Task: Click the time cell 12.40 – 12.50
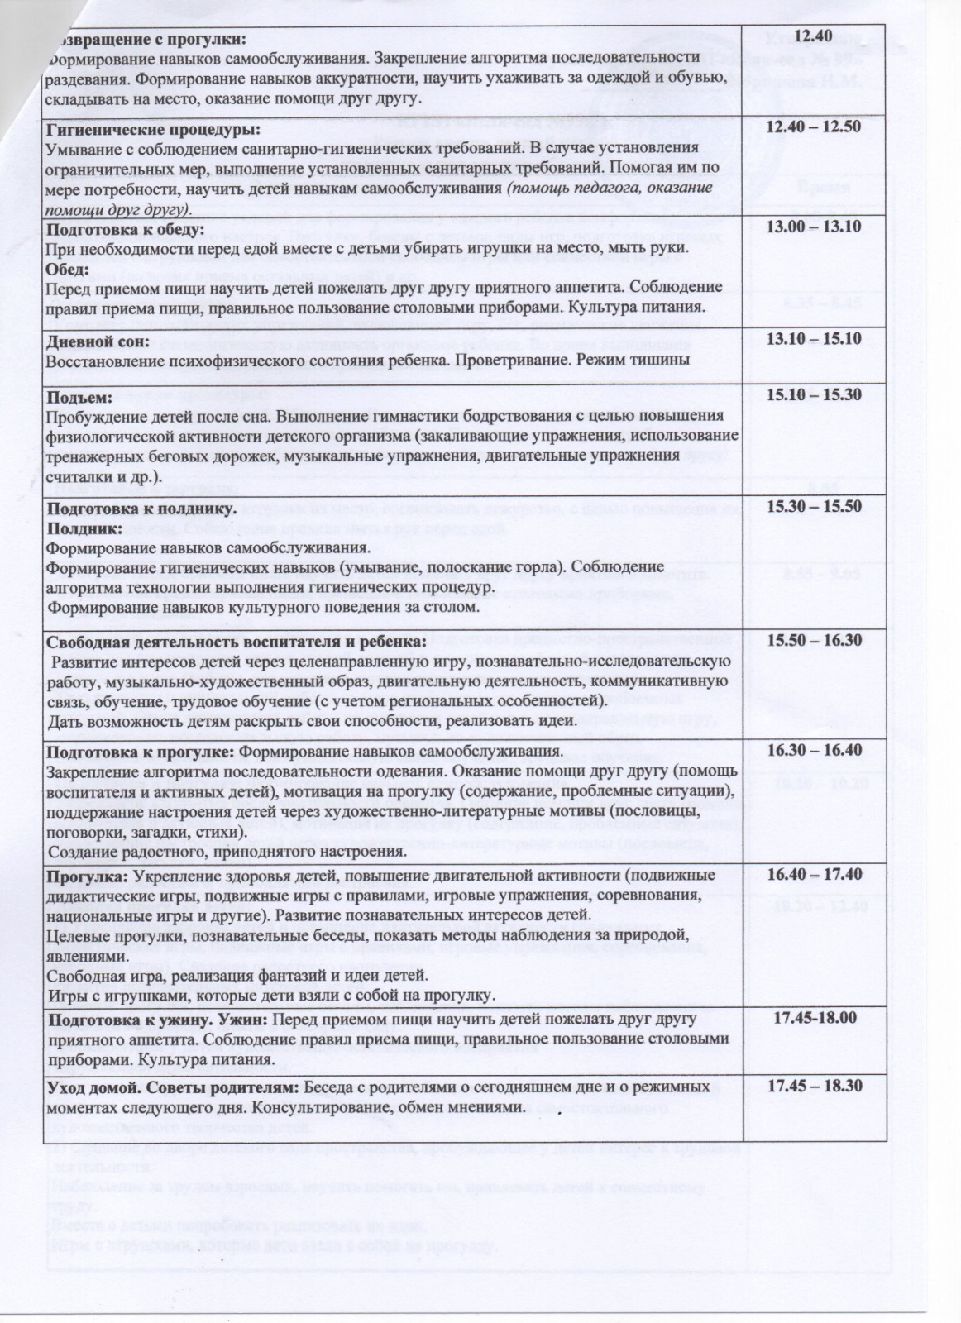(x=814, y=127)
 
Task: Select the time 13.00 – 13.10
(x=814, y=226)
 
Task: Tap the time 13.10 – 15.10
(x=814, y=338)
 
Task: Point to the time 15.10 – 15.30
(x=814, y=395)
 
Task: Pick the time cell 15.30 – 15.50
(x=814, y=506)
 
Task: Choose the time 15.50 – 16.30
(x=814, y=640)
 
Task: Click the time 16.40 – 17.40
(x=814, y=875)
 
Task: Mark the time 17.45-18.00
(x=814, y=1018)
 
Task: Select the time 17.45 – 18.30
(x=814, y=1086)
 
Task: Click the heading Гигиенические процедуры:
(x=153, y=131)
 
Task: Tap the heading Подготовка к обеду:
(x=124, y=229)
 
